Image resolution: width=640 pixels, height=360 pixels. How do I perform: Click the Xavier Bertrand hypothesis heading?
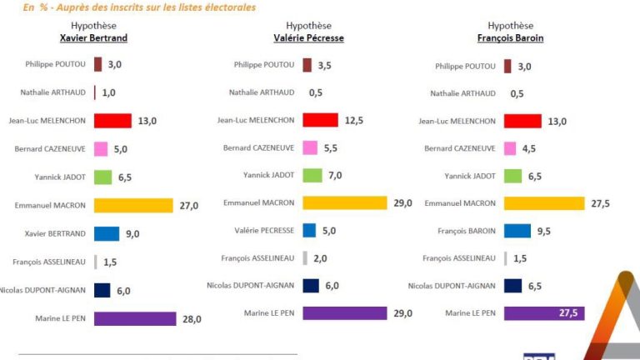click(93, 38)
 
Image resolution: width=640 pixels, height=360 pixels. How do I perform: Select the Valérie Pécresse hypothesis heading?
click(308, 38)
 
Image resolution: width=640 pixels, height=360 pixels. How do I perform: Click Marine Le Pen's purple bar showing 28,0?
click(135, 318)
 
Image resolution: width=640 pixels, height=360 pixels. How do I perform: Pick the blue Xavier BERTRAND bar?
click(107, 234)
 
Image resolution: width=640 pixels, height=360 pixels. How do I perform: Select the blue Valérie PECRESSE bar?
click(309, 230)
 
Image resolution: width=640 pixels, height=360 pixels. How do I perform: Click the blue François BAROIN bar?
click(517, 231)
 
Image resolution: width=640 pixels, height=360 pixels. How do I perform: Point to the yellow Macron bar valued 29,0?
click(345, 202)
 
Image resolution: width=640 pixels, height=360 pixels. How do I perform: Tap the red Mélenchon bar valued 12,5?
click(320, 120)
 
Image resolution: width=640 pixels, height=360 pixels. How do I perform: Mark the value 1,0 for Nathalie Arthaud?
click(108, 93)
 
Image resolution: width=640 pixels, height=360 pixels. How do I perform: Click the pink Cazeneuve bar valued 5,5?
click(309, 147)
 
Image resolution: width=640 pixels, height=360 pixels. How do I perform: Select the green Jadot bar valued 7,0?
click(312, 175)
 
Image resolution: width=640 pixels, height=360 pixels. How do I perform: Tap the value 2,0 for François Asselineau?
click(320, 258)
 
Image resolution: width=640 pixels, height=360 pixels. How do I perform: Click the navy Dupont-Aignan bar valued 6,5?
click(513, 286)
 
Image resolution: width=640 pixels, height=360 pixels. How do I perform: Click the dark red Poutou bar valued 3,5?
click(307, 65)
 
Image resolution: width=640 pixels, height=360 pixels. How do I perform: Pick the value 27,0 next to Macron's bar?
click(188, 206)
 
